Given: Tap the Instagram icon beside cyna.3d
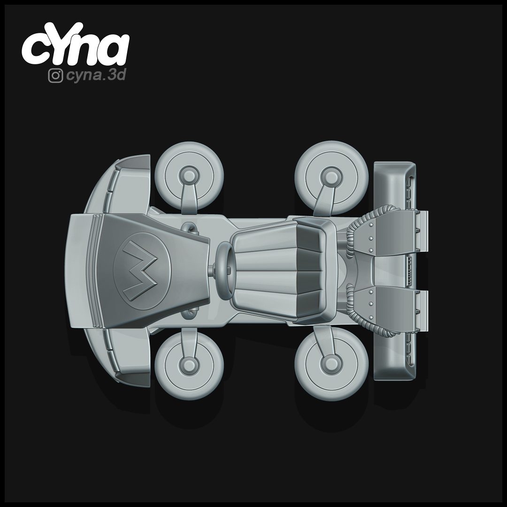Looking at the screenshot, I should coord(55,76).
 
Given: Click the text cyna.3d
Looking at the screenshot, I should coord(96,76).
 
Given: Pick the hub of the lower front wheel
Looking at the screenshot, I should coord(189,364).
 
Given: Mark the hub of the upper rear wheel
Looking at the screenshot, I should coord(329,176).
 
